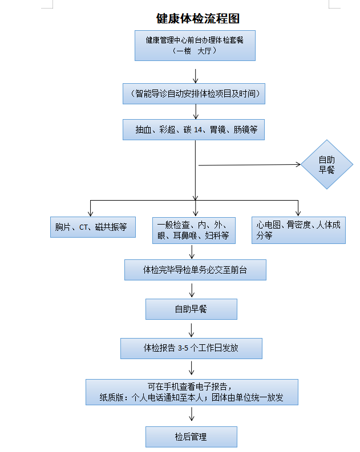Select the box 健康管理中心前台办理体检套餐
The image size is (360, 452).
click(195, 45)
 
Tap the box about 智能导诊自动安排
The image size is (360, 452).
click(195, 93)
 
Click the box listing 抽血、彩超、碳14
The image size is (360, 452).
click(195, 129)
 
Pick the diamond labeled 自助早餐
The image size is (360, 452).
click(327, 165)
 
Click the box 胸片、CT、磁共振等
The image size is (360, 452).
click(91, 227)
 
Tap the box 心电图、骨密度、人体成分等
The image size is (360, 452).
click(298, 230)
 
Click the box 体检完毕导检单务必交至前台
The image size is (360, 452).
click(195, 270)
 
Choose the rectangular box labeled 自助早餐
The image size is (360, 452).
click(191, 309)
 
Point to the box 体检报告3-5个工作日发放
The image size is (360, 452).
click(191, 348)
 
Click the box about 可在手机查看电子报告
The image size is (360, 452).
click(192, 392)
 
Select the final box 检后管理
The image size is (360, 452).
click(191, 437)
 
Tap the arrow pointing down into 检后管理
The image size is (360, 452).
click(191, 416)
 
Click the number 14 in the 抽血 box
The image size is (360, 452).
click(198, 130)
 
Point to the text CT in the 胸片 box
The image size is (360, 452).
click(83, 227)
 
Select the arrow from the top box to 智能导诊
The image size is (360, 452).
click(196, 75)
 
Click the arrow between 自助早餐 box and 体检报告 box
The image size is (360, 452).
click(191, 329)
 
